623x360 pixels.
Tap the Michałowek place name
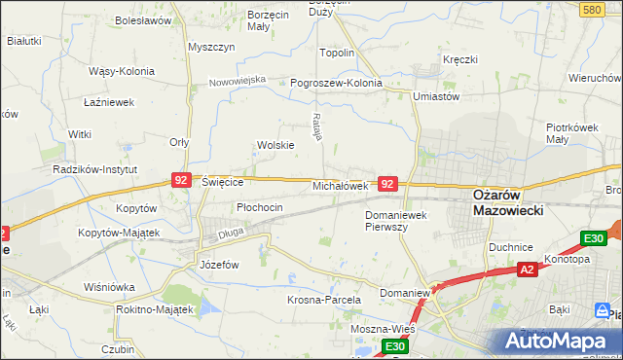339,185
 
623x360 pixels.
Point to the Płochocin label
260,207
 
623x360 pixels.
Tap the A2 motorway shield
527,270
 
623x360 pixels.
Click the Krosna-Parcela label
324,300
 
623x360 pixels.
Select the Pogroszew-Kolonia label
336,83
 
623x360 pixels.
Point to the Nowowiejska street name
238,81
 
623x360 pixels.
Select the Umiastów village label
435,96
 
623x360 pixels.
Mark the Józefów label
219,264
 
